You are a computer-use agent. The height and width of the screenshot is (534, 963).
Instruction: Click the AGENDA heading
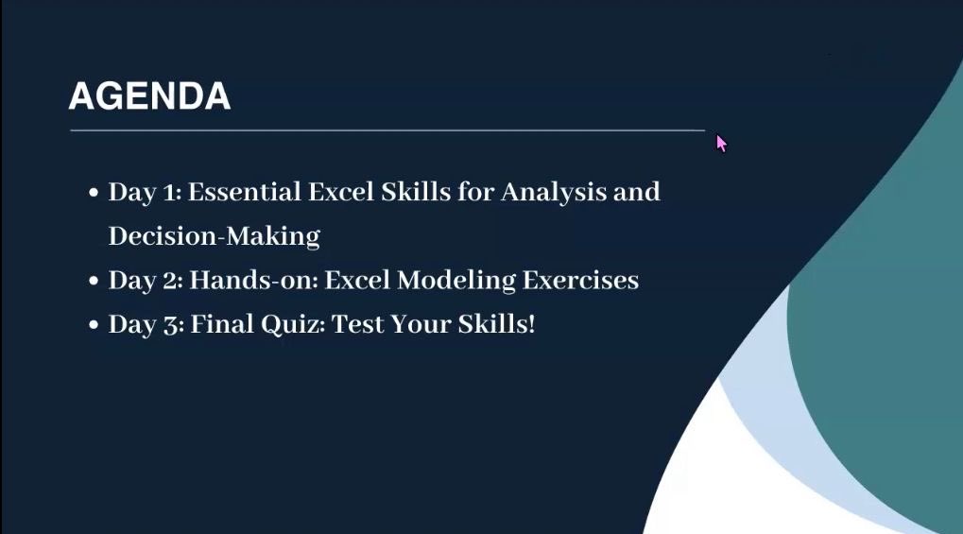coord(149,96)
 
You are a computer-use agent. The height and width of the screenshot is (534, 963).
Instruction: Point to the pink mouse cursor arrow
coord(721,143)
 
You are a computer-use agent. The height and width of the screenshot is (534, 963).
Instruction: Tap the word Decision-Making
coord(214,235)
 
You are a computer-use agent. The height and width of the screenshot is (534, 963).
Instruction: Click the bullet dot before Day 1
coord(94,193)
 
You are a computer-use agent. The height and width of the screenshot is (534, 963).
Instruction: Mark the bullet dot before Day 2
coord(94,282)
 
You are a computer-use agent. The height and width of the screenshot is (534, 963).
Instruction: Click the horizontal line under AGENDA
coord(387,129)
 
